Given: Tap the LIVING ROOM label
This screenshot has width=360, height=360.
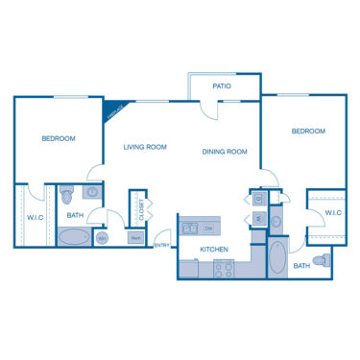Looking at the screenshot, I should pos(145,147).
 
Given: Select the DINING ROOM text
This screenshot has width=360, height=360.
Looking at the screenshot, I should pos(225,151).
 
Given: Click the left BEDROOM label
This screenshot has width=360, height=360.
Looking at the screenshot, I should pos(59,139).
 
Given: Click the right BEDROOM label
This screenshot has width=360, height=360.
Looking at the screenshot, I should pos(308,131).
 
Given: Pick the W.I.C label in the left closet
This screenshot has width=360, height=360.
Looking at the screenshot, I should pos(36,216).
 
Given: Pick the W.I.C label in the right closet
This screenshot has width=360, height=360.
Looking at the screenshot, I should pos(333,212).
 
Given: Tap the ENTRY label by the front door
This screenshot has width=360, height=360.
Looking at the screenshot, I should pos(162,246).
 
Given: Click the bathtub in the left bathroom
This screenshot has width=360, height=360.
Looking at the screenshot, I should pos(74,236).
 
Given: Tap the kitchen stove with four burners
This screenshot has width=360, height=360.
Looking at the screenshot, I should pos(223,272).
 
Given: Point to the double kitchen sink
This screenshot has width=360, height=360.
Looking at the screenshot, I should pos(190,228).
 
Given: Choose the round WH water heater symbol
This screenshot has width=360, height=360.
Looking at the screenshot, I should pos(102,238).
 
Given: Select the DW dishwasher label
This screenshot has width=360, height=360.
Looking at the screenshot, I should pos(207,228).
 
